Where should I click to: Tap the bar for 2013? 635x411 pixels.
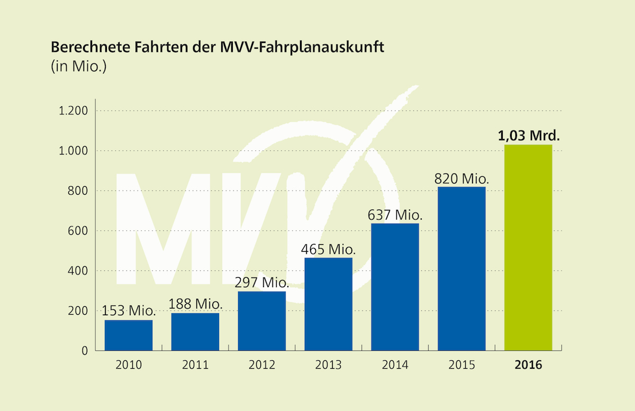pyautogui.click(x=328, y=304)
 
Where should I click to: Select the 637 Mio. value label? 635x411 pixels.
pyautogui.click(x=395, y=215)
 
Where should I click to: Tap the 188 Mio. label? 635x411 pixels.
pyautogui.click(x=195, y=305)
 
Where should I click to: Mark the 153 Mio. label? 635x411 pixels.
pyautogui.click(x=129, y=311)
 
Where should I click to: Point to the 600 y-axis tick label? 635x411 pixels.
pyautogui.click(x=78, y=231)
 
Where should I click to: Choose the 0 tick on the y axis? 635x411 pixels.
pyautogui.click(x=84, y=351)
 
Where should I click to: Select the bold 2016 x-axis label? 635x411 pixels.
pyautogui.click(x=528, y=365)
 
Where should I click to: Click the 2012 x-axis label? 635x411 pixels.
pyautogui.click(x=262, y=365)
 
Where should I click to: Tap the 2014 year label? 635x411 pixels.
pyautogui.click(x=395, y=365)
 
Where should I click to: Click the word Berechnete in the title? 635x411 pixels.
pyautogui.click(x=86, y=48)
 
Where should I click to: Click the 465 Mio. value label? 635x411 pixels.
pyautogui.click(x=328, y=249)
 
